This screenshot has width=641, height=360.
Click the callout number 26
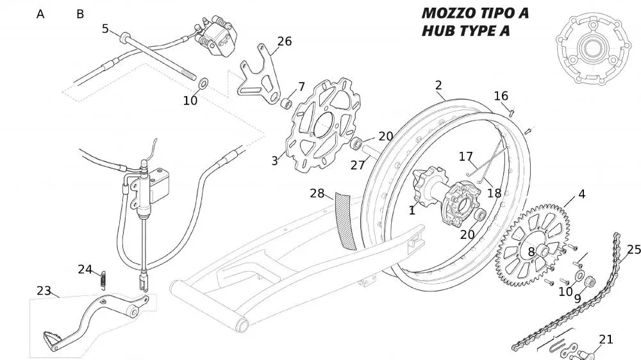[284, 42]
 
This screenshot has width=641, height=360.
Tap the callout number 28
[317, 193]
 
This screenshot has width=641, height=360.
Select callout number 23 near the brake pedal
[44, 291]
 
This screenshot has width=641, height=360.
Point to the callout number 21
[606, 340]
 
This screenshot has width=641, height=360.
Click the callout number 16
[501, 96]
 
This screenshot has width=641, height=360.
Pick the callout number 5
[106, 28]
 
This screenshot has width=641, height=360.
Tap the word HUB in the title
[438, 31]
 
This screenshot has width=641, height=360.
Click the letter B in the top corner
[80, 13]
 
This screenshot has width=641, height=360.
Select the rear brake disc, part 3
[320, 125]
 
